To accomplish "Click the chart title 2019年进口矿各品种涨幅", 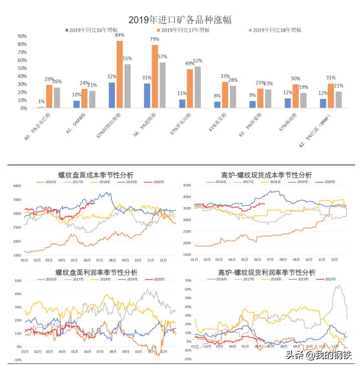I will [180, 20].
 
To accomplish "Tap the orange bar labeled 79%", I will [155, 76].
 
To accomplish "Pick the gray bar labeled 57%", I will [163, 85].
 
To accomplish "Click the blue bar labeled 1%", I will [41, 107].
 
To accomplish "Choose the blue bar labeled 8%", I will [217, 105].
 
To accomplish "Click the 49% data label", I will [190, 64].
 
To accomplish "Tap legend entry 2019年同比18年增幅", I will [276, 31].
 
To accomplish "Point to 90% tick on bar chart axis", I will [22, 36].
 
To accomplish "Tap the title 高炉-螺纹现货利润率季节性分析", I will [267, 272].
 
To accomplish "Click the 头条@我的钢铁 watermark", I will [319, 355].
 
